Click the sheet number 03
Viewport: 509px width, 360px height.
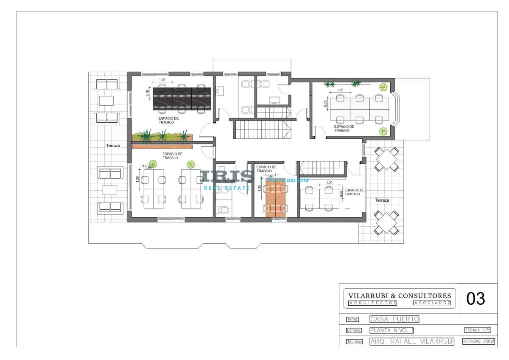(475, 298)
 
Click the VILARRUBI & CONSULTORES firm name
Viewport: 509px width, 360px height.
(400, 295)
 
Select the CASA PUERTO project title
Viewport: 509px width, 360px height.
(394, 319)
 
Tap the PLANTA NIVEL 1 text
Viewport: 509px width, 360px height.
(392, 330)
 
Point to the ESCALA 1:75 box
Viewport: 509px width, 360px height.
(478, 330)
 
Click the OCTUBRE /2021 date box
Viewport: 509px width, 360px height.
(478, 341)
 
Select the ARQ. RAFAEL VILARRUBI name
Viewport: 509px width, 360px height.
(412, 341)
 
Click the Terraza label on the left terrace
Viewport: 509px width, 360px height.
(113, 146)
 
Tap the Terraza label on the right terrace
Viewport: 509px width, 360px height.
(382, 200)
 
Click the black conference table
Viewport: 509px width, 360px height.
(182, 98)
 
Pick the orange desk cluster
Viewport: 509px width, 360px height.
(275, 198)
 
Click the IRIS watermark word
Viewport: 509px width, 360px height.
(228, 177)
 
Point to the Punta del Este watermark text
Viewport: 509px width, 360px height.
(288, 180)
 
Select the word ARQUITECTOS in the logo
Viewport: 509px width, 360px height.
(372, 303)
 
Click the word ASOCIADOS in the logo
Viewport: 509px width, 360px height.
(432, 303)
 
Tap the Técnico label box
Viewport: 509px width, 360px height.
(355, 342)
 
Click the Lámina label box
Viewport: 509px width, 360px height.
(354, 330)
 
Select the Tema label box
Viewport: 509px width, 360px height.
(352, 319)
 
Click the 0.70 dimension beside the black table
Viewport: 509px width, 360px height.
(148, 93)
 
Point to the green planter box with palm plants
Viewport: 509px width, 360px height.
(162, 137)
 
